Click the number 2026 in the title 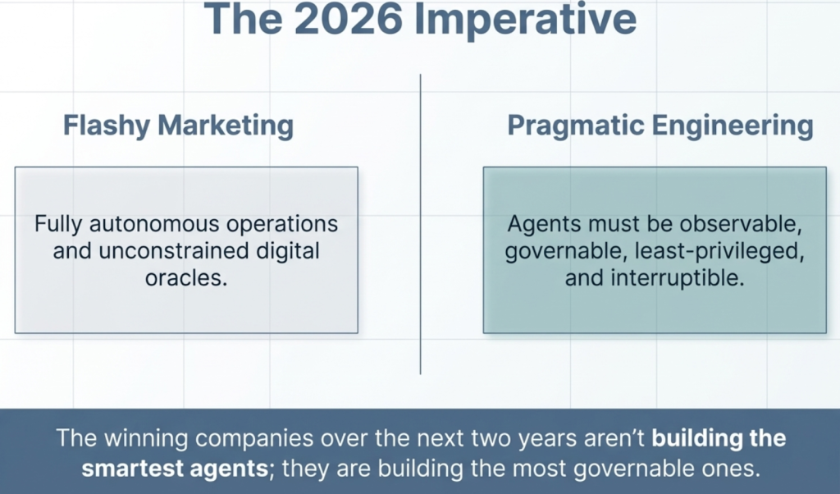click(348, 20)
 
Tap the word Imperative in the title click(526, 21)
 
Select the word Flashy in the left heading click(107, 126)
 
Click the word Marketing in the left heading click(226, 126)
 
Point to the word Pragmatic click(575, 126)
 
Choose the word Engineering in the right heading click(733, 126)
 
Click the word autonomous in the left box click(154, 224)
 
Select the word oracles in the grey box click(186, 278)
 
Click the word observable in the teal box click(741, 224)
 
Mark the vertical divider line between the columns click(421, 224)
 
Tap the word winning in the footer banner click(145, 438)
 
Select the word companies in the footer click(254, 439)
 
